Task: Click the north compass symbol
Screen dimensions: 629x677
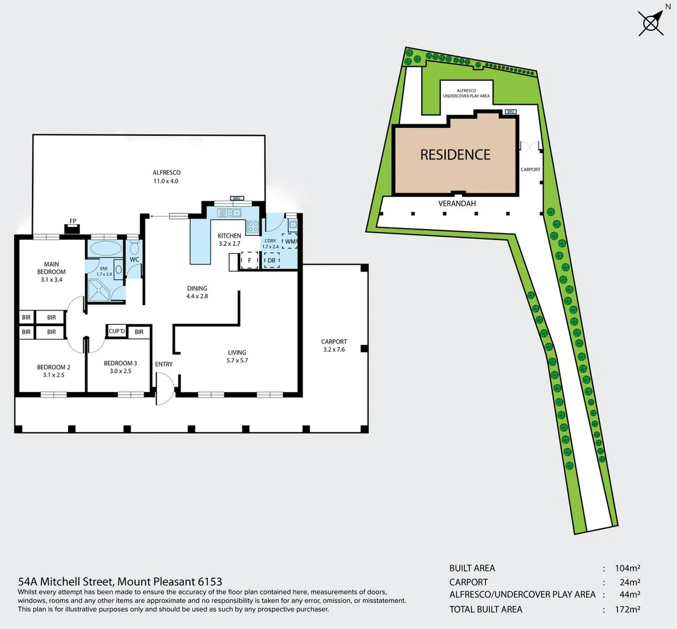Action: [x=651, y=23]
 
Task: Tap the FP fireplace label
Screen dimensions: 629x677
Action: [x=73, y=221]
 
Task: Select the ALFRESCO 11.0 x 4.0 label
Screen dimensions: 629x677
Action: [x=166, y=176]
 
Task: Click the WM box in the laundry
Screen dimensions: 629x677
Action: [x=290, y=241]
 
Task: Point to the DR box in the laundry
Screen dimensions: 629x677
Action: [x=271, y=260]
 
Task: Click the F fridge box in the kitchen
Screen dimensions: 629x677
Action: [x=249, y=260]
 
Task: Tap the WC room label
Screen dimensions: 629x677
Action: [x=135, y=260]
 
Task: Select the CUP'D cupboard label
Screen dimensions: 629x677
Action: [x=117, y=331]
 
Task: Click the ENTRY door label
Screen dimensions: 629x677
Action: [x=164, y=364]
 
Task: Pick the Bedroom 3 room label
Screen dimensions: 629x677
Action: [x=121, y=367]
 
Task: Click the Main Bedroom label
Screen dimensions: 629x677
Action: [x=51, y=271]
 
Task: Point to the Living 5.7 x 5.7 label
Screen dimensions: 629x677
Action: [x=237, y=356]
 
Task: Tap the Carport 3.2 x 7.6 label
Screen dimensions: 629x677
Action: [x=334, y=345]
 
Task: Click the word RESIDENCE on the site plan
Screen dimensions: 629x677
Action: [x=455, y=154]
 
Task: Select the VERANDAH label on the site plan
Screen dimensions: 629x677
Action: [x=457, y=203]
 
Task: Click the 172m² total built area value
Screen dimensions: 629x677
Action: [x=627, y=610]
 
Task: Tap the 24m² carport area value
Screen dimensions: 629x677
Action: [x=629, y=582]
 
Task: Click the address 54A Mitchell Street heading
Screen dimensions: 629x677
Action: [x=120, y=581]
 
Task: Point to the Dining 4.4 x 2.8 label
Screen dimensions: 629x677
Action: [x=197, y=292]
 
